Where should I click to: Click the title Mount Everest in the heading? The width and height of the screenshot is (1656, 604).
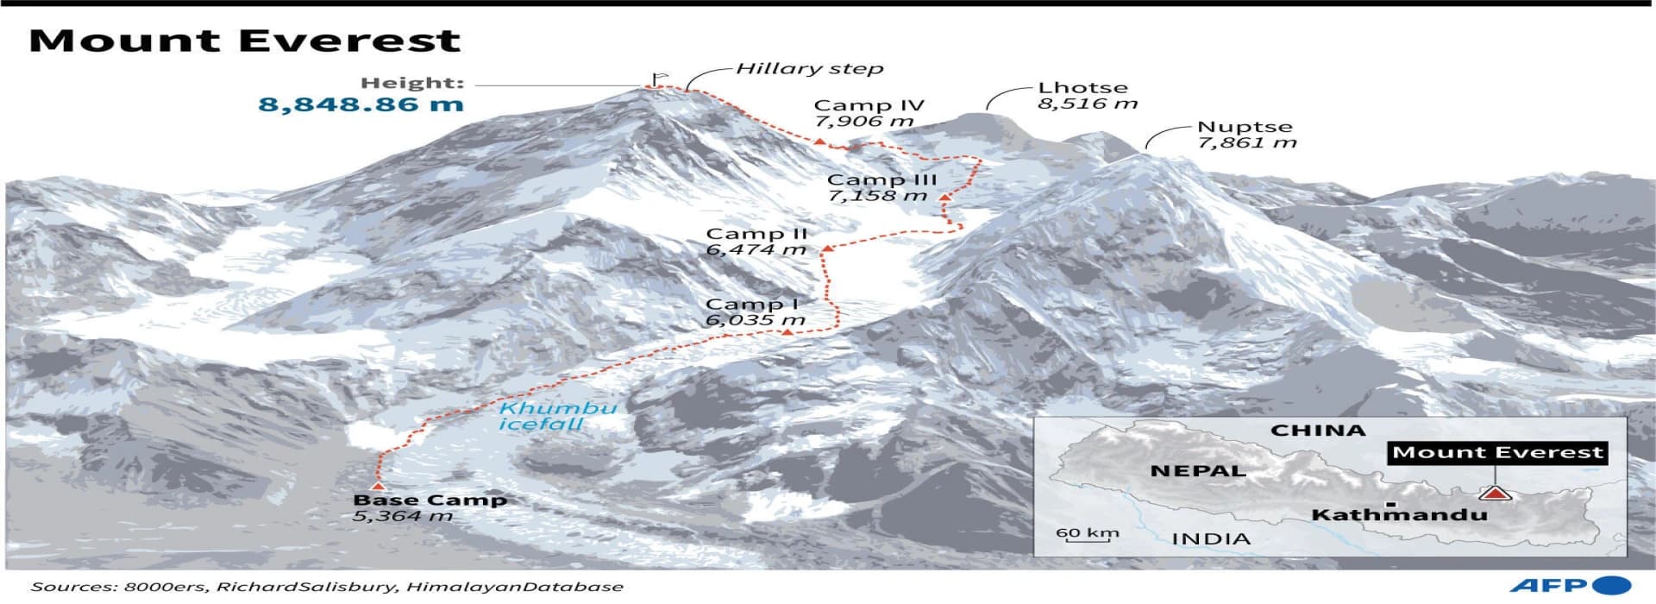pos(245,41)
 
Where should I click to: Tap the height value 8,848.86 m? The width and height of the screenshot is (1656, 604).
pos(361,105)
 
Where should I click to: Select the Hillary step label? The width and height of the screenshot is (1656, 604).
pos(809,68)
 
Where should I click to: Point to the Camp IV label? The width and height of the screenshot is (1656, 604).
pos(869,105)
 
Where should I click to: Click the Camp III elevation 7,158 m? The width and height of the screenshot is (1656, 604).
pos(877,196)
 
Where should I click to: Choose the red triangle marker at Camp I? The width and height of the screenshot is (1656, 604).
pos(787,330)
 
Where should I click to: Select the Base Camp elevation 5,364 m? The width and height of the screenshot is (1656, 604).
pos(402,516)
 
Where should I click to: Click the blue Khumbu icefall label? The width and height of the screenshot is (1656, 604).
pos(557,416)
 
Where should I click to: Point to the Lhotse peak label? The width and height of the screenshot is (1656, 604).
pos(1082,87)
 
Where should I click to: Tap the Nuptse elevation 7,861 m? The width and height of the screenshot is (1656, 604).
pos(1247,143)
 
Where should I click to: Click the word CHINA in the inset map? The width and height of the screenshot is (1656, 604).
pos(1318,430)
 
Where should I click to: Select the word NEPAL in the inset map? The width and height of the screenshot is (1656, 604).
pos(1198,471)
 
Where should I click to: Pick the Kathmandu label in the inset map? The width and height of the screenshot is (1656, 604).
pos(1399,515)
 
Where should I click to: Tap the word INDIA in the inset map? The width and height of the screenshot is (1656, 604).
pos(1210,539)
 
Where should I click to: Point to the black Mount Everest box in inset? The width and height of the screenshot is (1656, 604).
pos(1497,452)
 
